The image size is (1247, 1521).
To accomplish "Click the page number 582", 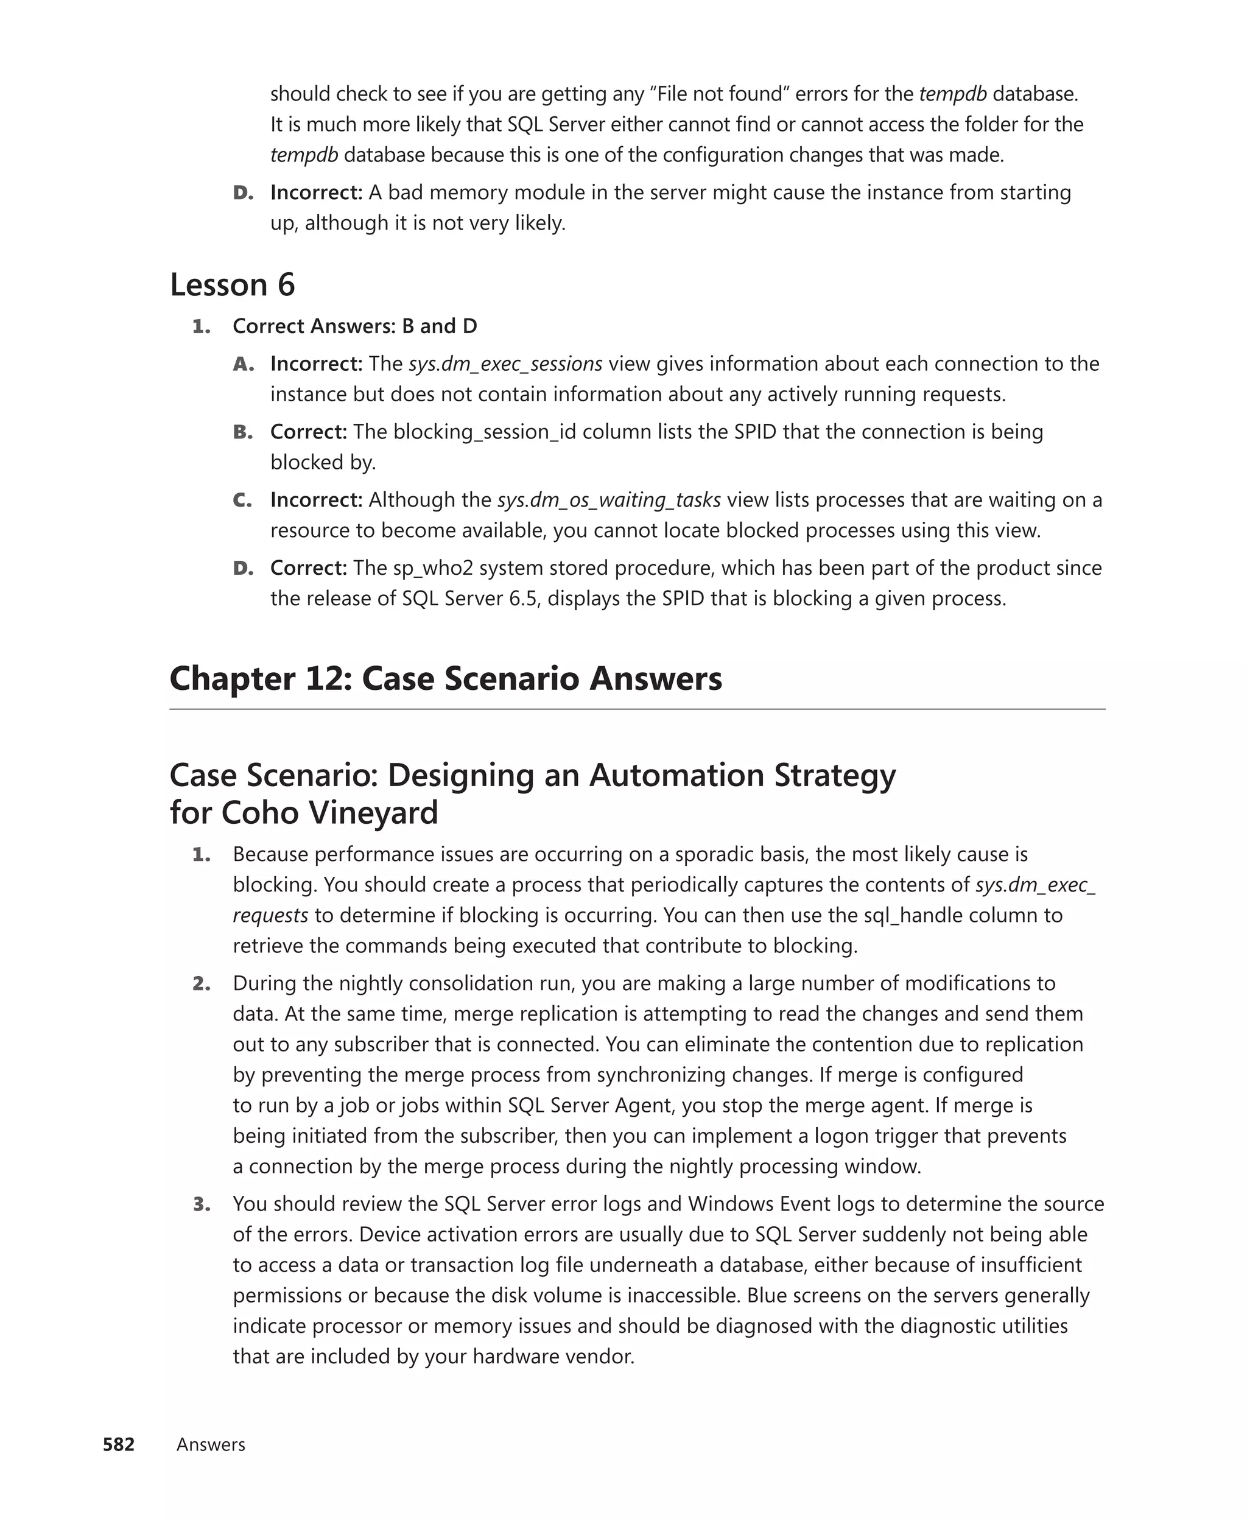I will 119,1444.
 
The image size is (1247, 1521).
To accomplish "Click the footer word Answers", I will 211,1444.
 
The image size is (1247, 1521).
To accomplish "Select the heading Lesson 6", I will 232,284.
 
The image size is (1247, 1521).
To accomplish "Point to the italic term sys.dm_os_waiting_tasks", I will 608,499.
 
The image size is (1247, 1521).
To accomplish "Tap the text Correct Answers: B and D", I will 355,326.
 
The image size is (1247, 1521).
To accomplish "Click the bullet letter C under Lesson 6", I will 242,500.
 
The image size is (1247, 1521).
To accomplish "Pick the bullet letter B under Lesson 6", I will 242,432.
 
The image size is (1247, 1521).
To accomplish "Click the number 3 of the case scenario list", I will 201,1204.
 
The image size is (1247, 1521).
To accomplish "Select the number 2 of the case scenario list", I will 201,983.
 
